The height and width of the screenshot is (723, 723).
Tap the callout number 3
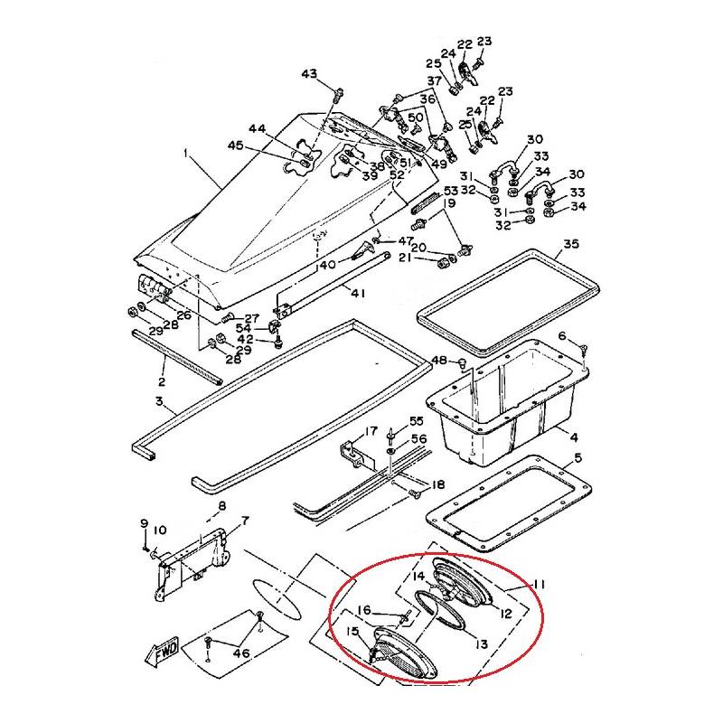pyautogui.click(x=159, y=400)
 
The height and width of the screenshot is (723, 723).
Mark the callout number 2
pyautogui.click(x=164, y=370)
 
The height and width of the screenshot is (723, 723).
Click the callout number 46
pyautogui.click(x=240, y=650)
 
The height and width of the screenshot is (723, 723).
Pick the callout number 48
pyautogui.click(x=438, y=361)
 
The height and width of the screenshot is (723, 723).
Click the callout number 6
pyautogui.click(x=561, y=336)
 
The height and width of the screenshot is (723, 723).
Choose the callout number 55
pyautogui.click(x=416, y=421)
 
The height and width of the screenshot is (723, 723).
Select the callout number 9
pyautogui.click(x=143, y=523)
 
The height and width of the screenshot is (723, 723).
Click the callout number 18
pyautogui.click(x=438, y=485)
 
